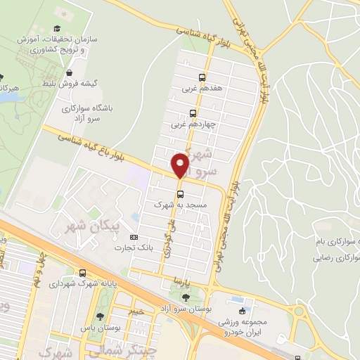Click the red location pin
pyautogui.click(x=180, y=166)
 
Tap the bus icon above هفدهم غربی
pyautogui.click(x=202, y=77)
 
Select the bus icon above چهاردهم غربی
pyautogui.click(x=193, y=113)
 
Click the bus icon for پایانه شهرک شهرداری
pyautogui.click(x=83, y=273)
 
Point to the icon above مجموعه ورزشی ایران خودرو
pyautogui.click(x=243, y=311)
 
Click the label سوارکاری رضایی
pyautogui.click(x=337, y=257)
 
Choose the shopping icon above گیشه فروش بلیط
pyautogui.click(x=70, y=72)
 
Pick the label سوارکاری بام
pyautogui.click(x=337, y=241)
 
